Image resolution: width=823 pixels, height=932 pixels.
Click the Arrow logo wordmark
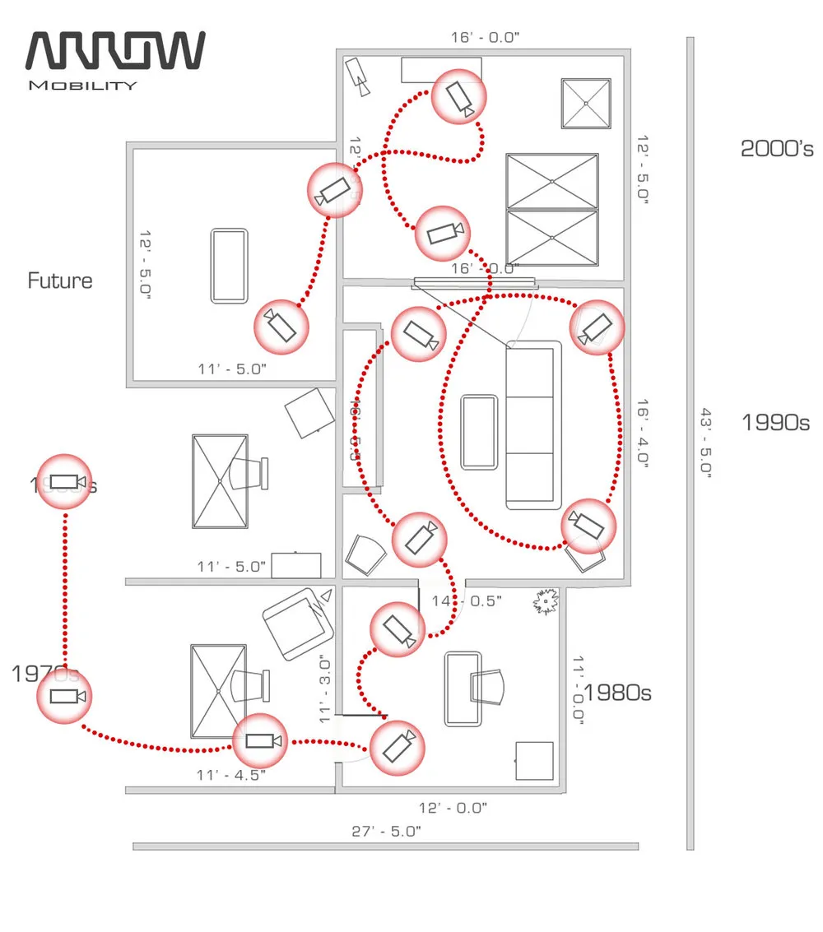[x=116, y=51]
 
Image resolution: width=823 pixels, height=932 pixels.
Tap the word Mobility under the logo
[x=83, y=86]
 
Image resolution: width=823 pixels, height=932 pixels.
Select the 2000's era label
[x=777, y=149]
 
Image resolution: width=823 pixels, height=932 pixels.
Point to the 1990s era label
[x=775, y=423]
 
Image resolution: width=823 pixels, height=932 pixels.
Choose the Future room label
[x=60, y=281]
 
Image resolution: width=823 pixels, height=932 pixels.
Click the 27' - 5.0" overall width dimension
[x=386, y=831]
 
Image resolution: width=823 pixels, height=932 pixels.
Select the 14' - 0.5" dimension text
[x=467, y=601]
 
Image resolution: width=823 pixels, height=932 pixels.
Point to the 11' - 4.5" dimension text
[x=232, y=774]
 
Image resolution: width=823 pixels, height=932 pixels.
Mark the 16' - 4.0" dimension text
[x=643, y=434]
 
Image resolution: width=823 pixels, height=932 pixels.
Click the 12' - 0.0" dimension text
[x=452, y=808]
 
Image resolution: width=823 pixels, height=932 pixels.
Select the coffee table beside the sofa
[x=480, y=432]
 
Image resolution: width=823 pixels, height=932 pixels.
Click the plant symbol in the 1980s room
[x=545, y=602]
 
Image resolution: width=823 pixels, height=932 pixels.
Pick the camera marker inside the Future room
[x=281, y=326]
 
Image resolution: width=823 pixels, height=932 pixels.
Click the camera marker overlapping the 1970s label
[x=63, y=697]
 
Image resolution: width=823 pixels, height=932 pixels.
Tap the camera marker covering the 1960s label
[x=63, y=481]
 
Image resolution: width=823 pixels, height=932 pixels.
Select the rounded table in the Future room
[x=229, y=266]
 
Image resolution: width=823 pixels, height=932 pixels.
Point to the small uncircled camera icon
[x=358, y=75]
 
